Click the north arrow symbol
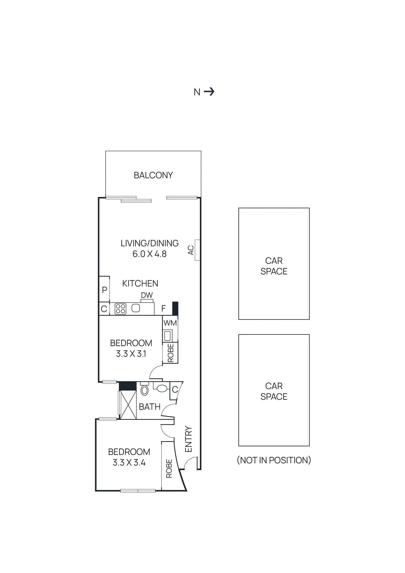pyautogui.click(x=209, y=92)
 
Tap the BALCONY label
pyautogui.click(x=153, y=175)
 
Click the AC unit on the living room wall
pyautogui.click(x=197, y=250)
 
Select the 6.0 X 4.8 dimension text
pyautogui.click(x=149, y=254)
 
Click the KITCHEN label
pyautogui.click(x=140, y=283)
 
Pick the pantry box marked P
pyautogui.click(x=104, y=289)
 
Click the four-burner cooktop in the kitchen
pyautogui.click(x=120, y=309)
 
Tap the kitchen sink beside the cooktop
pyautogui.click(x=136, y=308)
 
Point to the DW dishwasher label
pyautogui.click(x=146, y=295)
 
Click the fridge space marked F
pyautogui.click(x=164, y=308)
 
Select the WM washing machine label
pyautogui.click(x=170, y=323)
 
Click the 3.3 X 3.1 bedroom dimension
pyautogui.click(x=131, y=354)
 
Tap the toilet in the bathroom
pyautogui.click(x=145, y=390)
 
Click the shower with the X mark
pyautogui.click(x=128, y=405)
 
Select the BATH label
pyautogui.click(x=149, y=407)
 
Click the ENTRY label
pyautogui.click(x=188, y=439)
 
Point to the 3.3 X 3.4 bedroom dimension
pyautogui.click(x=129, y=463)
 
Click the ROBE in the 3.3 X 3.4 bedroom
pyautogui.click(x=169, y=468)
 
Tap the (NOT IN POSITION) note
pyautogui.click(x=274, y=460)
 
